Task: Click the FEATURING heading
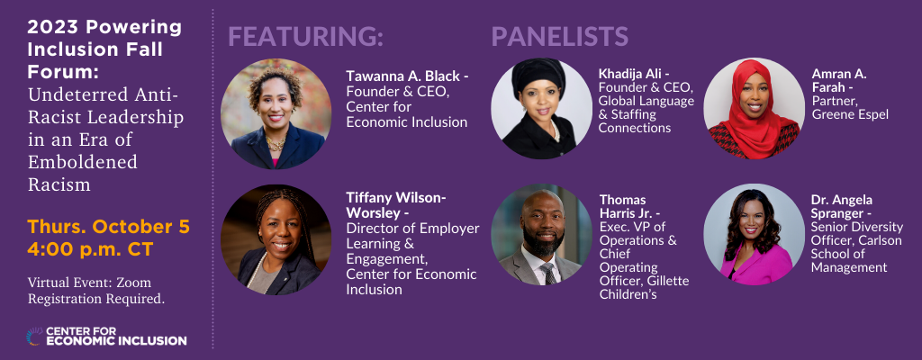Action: tap(305, 36)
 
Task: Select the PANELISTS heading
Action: tap(559, 36)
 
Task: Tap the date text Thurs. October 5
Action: tap(108, 226)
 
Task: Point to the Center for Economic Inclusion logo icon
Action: tap(35, 337)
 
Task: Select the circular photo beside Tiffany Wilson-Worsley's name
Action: tap(276, 239)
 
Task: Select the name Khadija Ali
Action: tap(630, 74)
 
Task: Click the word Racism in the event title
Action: tap(59, 185)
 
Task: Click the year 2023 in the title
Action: tap(50, 28)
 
